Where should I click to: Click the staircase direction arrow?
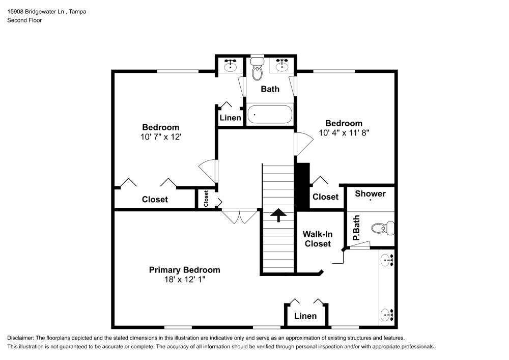tap(278, 215)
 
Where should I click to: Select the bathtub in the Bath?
tap(270, 115)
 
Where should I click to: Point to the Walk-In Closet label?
tap(317, 239)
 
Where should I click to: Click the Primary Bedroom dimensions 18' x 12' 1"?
tap(184, 280)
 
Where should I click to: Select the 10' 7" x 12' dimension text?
tap(160, 137)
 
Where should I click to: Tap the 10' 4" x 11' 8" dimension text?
tap(344, 133)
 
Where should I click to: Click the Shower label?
tap(370, 193)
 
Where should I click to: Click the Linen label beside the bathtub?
tap(230, 118)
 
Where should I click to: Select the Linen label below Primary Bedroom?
tap(305, 316)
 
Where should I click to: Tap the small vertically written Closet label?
tap(206, 198)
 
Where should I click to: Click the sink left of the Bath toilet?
tap(232, 65)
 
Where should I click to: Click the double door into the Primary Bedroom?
tap(240, 216)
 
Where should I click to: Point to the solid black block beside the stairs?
tap(302, 186)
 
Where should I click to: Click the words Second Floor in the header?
tap(24, 20)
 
